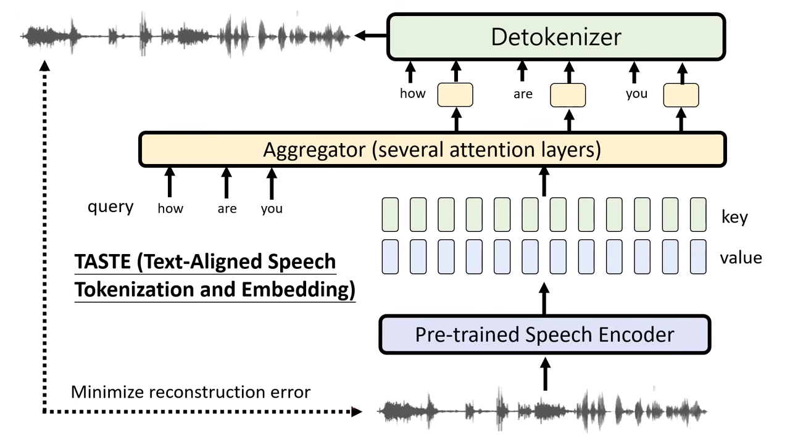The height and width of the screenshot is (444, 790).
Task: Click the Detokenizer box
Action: click(x=555, y=37)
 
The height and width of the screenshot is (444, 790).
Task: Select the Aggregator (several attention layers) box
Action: click(x=432, y=150)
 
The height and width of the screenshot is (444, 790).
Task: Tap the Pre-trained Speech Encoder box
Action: click(x=544, y=335)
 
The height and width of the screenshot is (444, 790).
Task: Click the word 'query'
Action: click(x=110, y=207)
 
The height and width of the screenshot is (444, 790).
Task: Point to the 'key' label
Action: click(x=734, y=217)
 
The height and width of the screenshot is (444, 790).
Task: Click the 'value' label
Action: click(x=741, y=257)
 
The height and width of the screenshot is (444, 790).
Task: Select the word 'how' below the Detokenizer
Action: click(x=413, y=94)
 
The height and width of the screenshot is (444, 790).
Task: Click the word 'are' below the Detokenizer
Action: click(x=523, y=95)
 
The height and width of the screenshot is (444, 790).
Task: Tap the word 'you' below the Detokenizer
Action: click(x=636, y=94)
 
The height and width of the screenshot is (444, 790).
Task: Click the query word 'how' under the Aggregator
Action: click(x=170, y=208)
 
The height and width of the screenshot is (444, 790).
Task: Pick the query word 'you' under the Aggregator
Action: click(x=272, y=208)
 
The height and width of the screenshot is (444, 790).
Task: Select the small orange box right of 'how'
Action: click(x=455, y=95)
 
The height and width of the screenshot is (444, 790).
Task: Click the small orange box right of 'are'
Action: click(x=568, y=95)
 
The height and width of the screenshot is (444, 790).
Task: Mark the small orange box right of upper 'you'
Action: click(x=681, y=95)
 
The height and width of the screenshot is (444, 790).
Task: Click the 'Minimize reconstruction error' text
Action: click(x=191, y=392)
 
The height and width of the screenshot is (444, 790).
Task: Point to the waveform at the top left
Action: click(x=185, y=36)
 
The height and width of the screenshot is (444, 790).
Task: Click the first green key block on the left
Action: click(x=390, y=215)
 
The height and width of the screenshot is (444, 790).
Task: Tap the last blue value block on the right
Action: click(x=698, y=257)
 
